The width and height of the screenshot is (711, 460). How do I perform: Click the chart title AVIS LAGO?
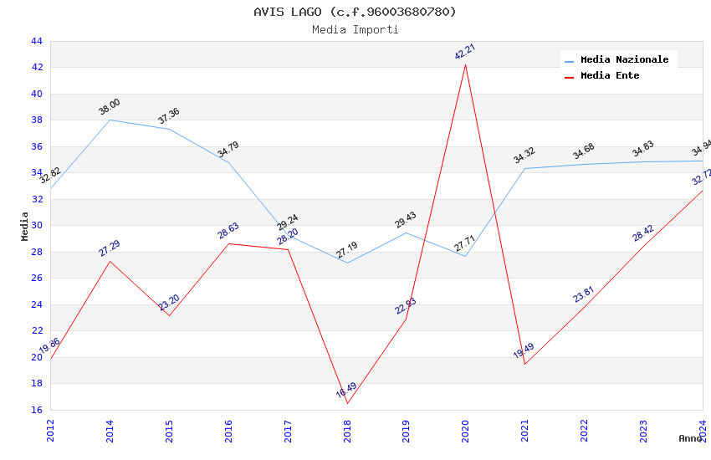(355, 12)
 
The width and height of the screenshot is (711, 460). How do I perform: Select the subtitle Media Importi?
(355, 29)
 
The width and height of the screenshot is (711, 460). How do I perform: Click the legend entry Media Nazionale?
(624, 59)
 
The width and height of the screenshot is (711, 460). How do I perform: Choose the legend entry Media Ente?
(610, 75)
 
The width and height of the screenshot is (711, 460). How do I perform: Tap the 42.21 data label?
(465, 52)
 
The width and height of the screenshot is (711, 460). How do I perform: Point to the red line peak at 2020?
(465, 64)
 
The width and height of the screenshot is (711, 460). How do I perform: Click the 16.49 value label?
(346, 391)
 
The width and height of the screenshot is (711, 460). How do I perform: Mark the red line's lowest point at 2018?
(347, 404)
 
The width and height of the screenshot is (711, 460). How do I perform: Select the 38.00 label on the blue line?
(110, 107)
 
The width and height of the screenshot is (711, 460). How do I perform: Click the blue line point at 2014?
(110, 120)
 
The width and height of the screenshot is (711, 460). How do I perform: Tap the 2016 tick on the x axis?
(228, 431)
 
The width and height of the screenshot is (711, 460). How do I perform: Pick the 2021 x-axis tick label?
(524, 431)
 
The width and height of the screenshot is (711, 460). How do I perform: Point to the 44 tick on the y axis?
(36, 41)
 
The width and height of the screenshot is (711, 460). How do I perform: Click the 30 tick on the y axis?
(36, 225)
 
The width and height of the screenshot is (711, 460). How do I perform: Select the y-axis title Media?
(25, 226)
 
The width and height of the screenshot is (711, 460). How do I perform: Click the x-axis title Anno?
(690, 438)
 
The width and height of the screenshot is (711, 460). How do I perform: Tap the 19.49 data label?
(524, 350)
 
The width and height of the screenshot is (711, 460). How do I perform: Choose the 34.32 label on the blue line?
(524, 156)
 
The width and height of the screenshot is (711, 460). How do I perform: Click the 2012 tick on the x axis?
(50, 431)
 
